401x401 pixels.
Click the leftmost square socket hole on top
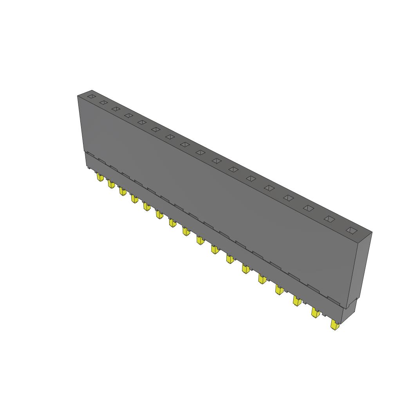[x=91, y=96]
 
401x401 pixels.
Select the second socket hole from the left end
[x=103, y=102]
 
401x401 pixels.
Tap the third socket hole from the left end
[x=116, y=108]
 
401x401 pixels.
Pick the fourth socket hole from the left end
[x=128, y=115]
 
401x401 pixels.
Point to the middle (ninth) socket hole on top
[x=200, y=152]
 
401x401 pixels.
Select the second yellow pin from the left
[x=111, y=184]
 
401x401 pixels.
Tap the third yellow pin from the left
[x=123, y=191]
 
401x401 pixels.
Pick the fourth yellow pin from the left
[x=134, y=199]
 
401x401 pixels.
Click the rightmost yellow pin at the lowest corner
[x=334, y=325]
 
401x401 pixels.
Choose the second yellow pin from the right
[x=315, y=312]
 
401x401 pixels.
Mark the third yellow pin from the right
[x=297, y=301]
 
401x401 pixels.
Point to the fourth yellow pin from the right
[x=279, y=290]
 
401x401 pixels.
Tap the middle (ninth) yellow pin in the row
[x=200, y=240]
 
